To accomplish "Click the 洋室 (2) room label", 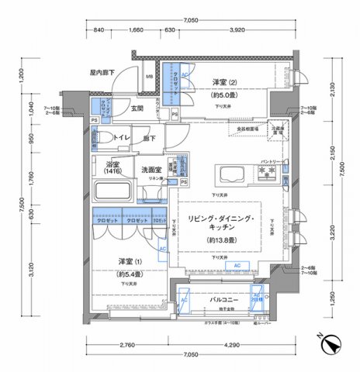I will [226, 82].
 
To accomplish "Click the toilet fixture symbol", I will [94, 139].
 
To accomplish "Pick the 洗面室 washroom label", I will [151, 168].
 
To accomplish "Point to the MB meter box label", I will [150, 77].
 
